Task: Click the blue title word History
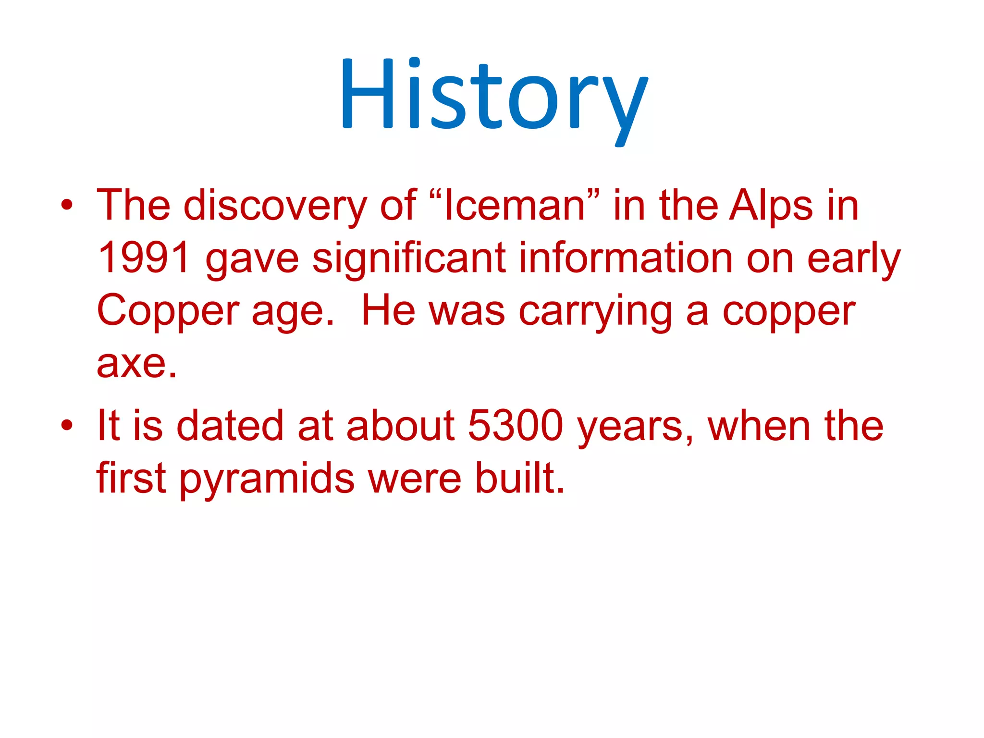pos(494,96)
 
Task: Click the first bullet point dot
pos(67,206)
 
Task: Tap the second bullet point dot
pos(67,426)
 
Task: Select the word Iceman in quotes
pos(514,206)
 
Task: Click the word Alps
pos(771,206)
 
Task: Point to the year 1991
pos(144,258)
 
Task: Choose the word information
pos(625,258)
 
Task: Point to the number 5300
pos(515,426)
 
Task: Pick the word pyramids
pos(267,480)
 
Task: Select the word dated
pos(230,426)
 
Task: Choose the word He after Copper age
pos(388,311)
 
